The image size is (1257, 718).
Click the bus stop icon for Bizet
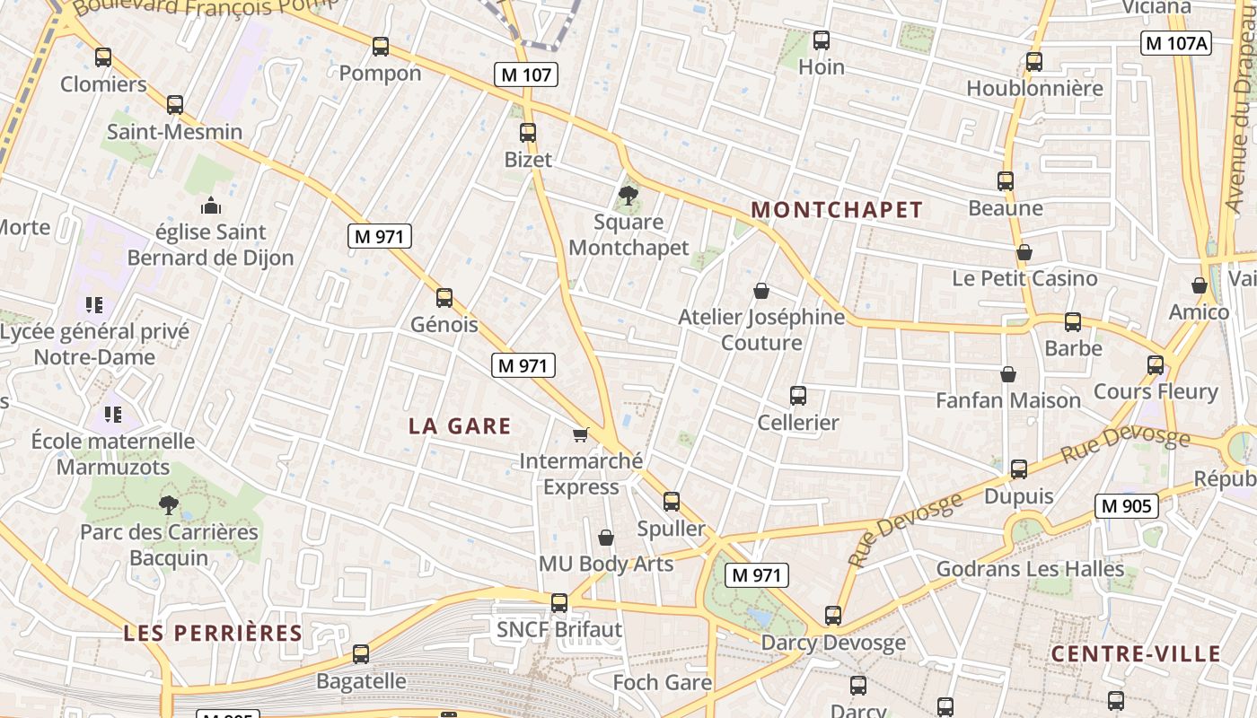tap(528, 133)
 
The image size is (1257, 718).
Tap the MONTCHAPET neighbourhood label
tap(836, 210)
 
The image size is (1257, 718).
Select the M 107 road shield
tap(526, 74)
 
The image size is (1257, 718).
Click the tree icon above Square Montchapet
tap(628, 195)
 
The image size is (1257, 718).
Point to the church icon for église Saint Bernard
tap(211, 206)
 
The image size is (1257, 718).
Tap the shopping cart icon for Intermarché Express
tap(581, 434)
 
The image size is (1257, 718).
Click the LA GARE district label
tap(460, 425)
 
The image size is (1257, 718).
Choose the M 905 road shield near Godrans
tap(1126, 505)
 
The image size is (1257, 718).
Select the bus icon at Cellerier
tap(797, 395)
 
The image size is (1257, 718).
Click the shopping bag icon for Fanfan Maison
tap(1008, 373)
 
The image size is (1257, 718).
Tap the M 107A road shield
tap(1176, 42)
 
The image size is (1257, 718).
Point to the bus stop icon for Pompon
tap(381, 46)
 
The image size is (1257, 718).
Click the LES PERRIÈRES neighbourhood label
tap(213, 633)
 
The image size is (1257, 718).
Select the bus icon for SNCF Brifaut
tap(559, 602)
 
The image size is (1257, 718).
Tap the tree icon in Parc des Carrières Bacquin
tap(168, 504)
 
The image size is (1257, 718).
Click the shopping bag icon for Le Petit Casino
tap(1024, 252)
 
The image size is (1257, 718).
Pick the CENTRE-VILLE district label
tap(1136, 653)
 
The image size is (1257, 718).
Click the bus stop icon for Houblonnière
tap(1034, 61)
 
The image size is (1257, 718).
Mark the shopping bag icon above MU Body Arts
tap(606, 537)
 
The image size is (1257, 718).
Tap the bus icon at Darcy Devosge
tap(833, 615)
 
